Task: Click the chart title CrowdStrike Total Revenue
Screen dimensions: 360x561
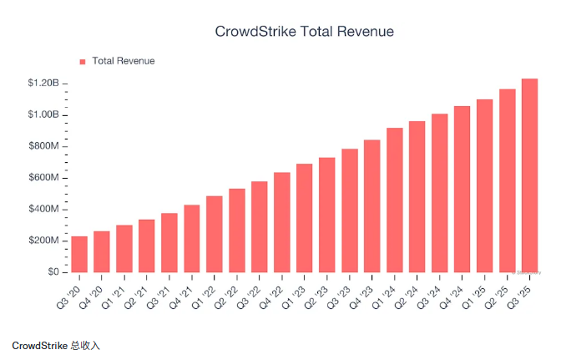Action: click(304, 32)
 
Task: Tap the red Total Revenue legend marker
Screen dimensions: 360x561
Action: click(83, 61)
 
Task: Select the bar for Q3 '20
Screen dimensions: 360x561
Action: click(79, 254)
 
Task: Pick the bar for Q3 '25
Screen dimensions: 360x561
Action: click(529, 175)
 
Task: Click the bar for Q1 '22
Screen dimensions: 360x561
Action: click(215, 234)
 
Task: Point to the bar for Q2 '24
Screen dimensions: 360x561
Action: click(417, 196)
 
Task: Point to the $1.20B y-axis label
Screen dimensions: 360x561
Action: click(43, 83)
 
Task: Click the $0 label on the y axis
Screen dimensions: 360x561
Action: click(53, 272)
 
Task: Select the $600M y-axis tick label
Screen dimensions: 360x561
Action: click(43, 178)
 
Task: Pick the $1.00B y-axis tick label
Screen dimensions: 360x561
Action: click(43, 114)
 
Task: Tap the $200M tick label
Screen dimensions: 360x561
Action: click(43, 241)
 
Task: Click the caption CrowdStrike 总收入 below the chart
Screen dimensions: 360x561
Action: click(56, 345)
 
